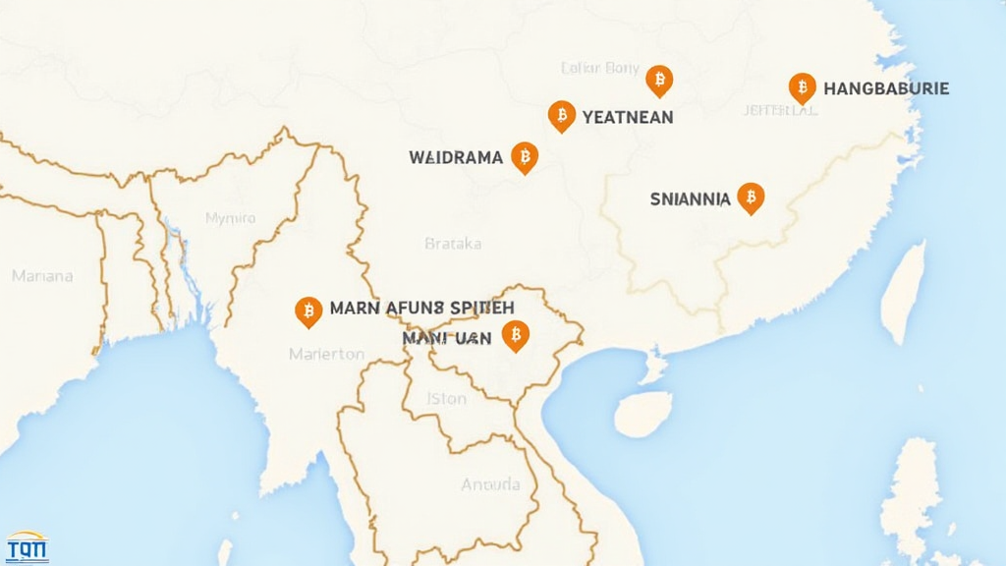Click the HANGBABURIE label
[886, 88]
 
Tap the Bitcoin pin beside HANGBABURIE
[802, 87]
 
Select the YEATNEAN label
[628, 117]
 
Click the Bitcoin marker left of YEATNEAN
[561, 115]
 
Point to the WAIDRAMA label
[455, 156]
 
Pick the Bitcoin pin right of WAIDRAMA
[525, 156]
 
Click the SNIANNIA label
[690, 198]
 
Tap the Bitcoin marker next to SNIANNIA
[751, 197]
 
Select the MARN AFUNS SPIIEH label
[416, 308]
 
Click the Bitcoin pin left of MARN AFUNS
[308, 311]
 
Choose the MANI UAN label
[446, 337]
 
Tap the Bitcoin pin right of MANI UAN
[515, 335]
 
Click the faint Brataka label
[453, 243]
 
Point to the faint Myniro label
[230, 218]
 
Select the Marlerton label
[327, 354]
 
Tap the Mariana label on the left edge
[42, 276]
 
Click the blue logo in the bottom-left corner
[27, 546]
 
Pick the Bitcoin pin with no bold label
[659, 80]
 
